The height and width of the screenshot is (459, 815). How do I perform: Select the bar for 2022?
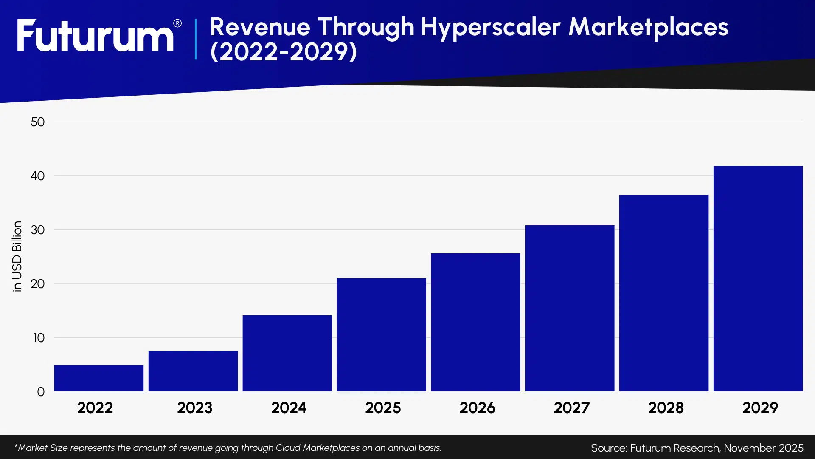click(x=98, y=378)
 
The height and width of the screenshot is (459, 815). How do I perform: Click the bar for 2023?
click(x=193, y=371)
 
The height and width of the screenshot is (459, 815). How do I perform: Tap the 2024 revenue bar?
click(x=287, y=353)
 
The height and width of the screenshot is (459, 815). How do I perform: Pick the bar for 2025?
click(x=381, y=334)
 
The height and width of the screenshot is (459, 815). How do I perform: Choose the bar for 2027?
click(x=569, y=308)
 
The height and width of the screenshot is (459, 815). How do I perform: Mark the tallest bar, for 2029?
click(x=758, y=278)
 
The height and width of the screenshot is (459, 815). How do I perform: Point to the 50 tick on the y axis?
click(x=37, y=122)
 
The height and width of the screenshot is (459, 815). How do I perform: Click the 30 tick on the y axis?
click(x=37, y=230)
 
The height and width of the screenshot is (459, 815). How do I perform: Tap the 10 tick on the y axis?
click(x=39, y=338)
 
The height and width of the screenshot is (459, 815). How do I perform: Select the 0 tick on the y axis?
click(x=41, y=392)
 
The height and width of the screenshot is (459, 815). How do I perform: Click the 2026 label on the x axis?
click(x=477, y=408)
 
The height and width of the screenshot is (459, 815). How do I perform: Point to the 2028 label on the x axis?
click(x=666, y=408)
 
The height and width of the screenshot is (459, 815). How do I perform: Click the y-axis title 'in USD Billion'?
click(x=17, y=256)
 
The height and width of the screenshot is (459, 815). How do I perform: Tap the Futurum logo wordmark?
click(x=95, y=36)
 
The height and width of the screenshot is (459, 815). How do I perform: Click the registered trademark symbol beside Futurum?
click(x=177, y=23)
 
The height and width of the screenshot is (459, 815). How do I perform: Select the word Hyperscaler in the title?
click(x=490, y=28)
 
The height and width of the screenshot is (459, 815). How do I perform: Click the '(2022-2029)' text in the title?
click(x=283, y=52)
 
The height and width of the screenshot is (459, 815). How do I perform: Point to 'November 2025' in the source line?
click(x=763, y=448)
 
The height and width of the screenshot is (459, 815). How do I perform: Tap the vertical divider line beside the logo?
click(x=196, y=39)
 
